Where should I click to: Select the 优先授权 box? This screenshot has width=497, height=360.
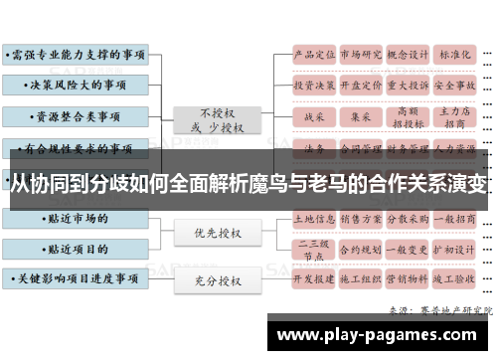click(x=217, y=233)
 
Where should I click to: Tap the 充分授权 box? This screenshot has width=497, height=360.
click(x=217, y=280)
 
